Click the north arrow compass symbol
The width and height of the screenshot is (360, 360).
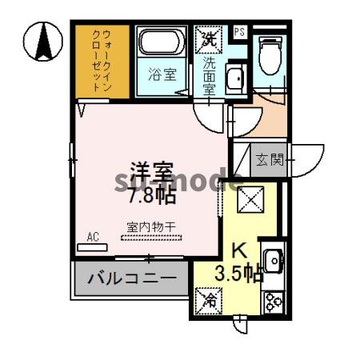click(43, 42)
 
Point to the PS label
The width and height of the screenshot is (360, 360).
click(239, 33)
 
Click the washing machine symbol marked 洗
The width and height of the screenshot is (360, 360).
click(208, 37)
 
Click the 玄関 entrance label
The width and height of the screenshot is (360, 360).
click(270, 160)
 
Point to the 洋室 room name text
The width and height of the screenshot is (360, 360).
click(153, 172)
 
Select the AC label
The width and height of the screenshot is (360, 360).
click(93, 237)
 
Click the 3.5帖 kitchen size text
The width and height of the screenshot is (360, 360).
click(238, 273)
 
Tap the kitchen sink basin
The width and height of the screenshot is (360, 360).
click(273, 261)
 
